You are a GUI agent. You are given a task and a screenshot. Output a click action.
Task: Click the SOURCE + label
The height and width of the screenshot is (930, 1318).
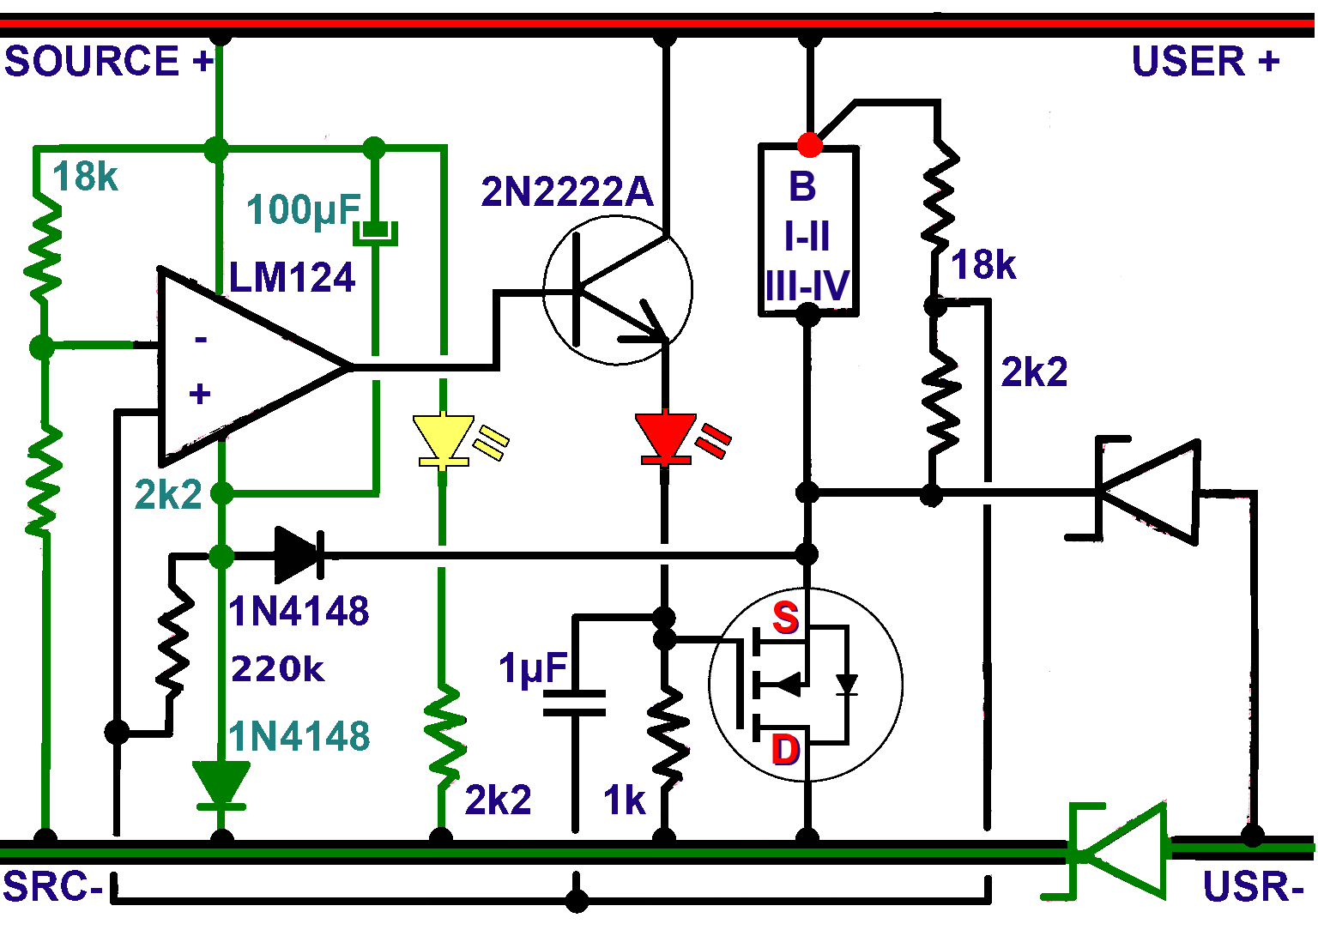pyautogui.click(x=108, y=62)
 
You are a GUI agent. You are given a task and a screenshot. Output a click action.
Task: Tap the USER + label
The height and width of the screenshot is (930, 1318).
pyautogui.click(x=1205, y=62)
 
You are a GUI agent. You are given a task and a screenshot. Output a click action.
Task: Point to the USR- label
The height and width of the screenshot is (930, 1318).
pyautogui.click(x=1253, y=887)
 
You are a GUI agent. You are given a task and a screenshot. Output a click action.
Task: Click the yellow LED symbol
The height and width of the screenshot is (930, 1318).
pyautogui.click(x=443, y=440)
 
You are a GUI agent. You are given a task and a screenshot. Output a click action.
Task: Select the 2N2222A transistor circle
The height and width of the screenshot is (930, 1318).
pyautogui.click(x=618, y=290)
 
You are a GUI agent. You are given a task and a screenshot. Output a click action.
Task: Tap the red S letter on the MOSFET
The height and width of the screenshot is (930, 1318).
pyautogui.click(x=785, y=618)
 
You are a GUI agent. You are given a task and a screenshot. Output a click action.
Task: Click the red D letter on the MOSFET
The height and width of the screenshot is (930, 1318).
pyautogui.click(x=786, y=750)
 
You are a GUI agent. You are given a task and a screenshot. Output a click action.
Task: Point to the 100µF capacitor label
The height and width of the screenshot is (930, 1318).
pyautogui.click(x=303, y=209)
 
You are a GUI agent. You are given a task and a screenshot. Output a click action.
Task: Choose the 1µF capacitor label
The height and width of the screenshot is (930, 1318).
pyautogui.click(x=533, y=668)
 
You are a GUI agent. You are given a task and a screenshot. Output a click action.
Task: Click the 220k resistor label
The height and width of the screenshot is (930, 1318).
pyautogui.click(x=277, y=669)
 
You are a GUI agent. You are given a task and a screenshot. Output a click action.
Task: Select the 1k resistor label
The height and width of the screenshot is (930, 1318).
pyautogui.click(x=624, y=800)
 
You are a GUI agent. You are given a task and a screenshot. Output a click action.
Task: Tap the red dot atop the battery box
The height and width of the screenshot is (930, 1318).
pyautogui.click(x=809, y=145)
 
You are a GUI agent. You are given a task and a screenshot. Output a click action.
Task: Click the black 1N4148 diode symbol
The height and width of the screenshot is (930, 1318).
pyautogui.click(x=299, y=555)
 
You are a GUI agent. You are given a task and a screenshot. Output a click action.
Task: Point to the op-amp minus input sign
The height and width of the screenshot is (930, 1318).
pyautogui.click(x=201, y=341)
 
